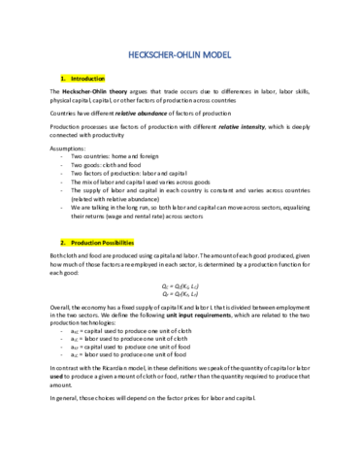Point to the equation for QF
click(x=180, y=298)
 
